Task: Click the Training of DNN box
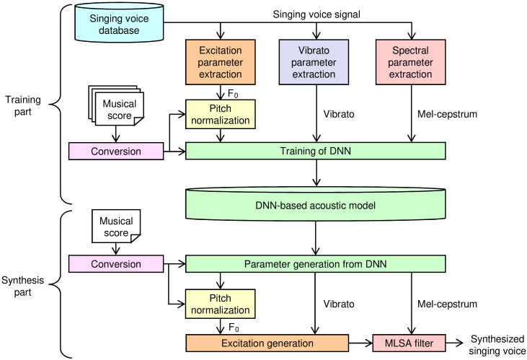coord(316,151)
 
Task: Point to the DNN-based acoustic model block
coord(316,205)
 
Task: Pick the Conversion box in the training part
coord(115,151)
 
